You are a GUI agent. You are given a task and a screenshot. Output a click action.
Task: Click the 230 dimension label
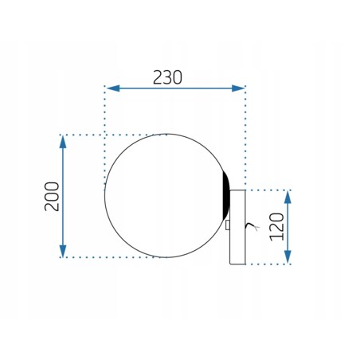click(x=167, y=77)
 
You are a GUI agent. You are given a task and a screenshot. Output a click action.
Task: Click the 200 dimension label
click(x=52, y=197)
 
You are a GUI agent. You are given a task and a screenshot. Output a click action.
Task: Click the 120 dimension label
click(x=276, y=227)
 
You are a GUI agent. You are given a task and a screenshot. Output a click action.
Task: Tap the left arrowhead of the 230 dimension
click(x=113, y=88)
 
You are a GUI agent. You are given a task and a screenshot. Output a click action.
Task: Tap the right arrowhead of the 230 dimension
click(x=238, y=88)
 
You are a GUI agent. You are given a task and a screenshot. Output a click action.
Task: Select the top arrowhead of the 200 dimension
click(x=63, y=142)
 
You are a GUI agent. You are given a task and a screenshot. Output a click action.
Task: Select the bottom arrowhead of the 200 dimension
click(x=63, y=251)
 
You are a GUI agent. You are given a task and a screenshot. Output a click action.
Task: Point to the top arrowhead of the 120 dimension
click(x=288, y=197)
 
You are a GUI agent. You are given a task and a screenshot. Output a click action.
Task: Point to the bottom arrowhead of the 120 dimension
click(x=288, y=257)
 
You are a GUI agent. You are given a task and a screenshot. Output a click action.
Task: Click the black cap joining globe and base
click(x=226, y=195)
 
